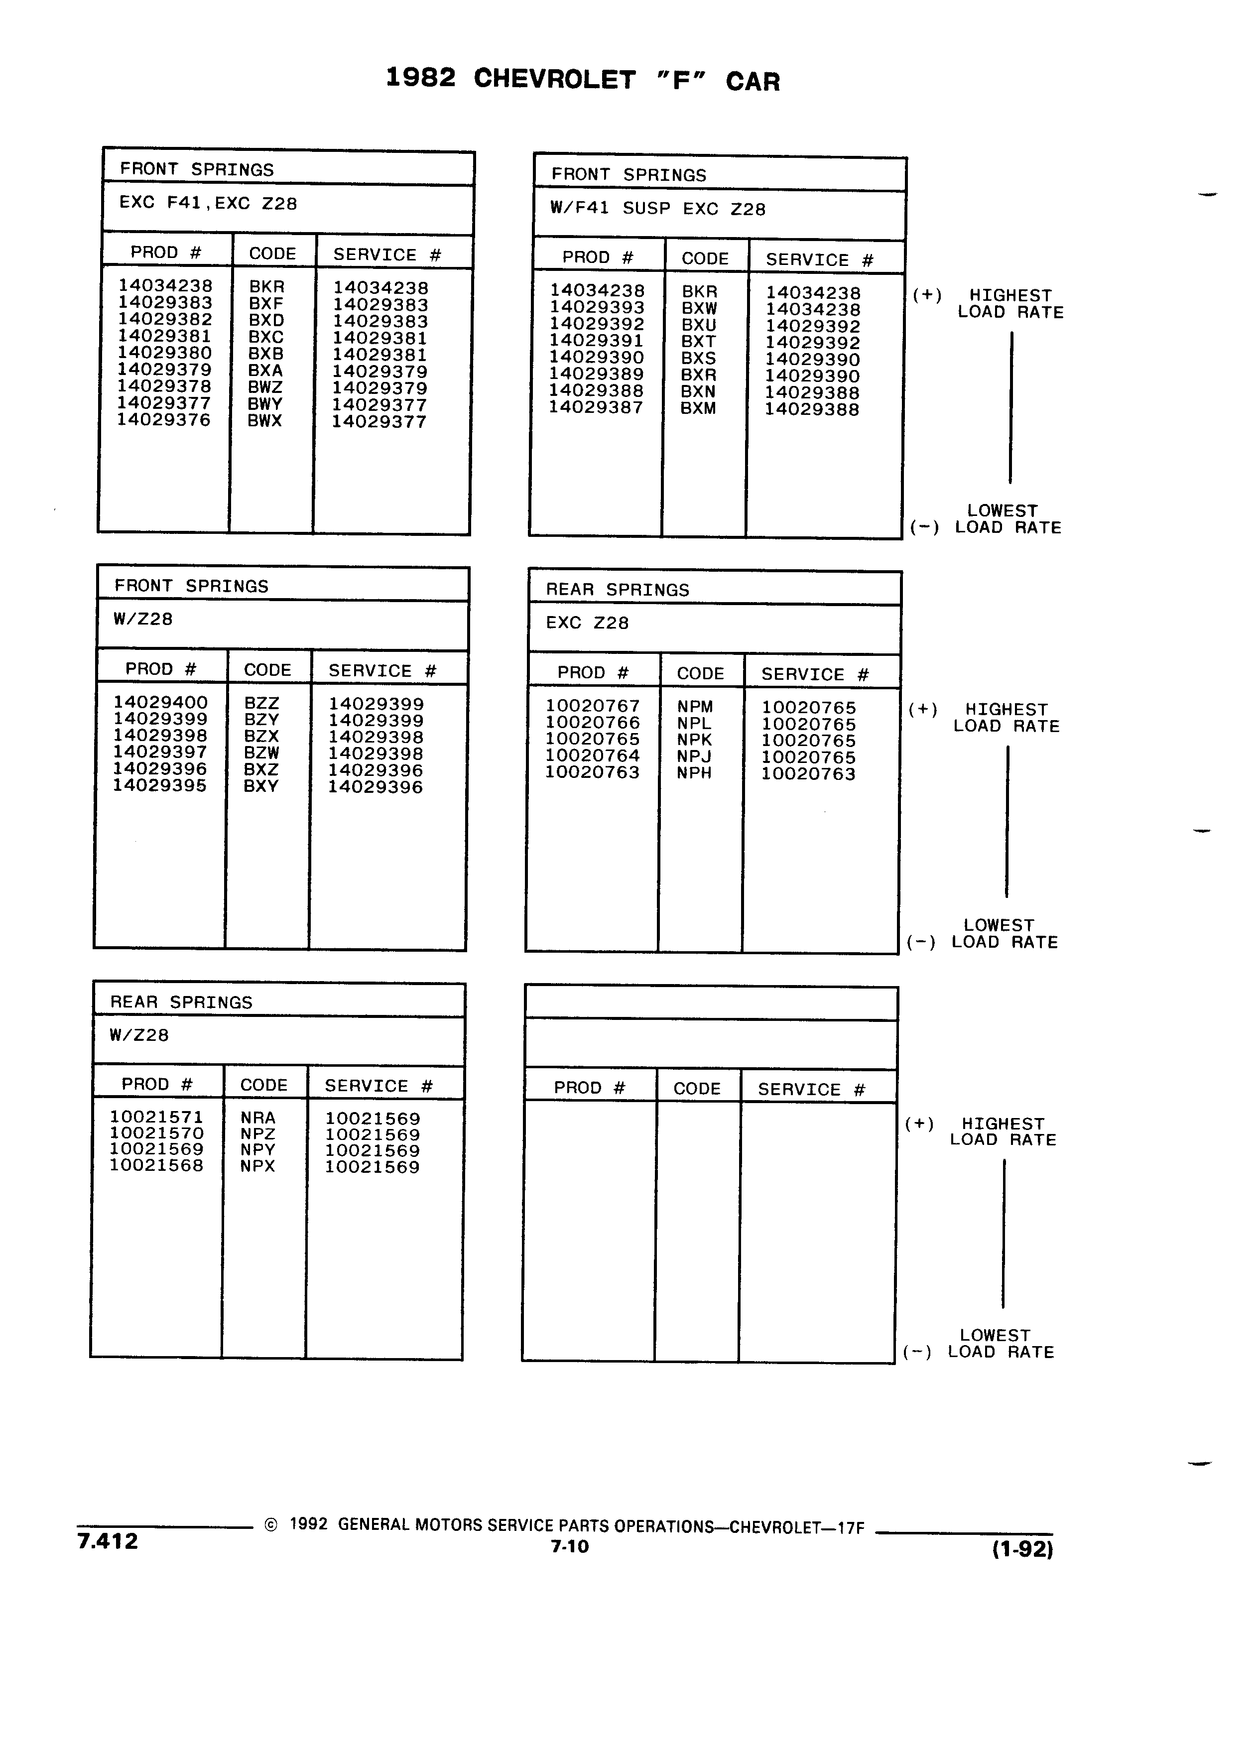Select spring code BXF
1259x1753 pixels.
(x=266, y=304)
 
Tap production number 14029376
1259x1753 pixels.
(x=164, y=420)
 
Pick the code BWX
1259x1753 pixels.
(x=264, y=421)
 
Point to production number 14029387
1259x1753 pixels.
(x=596, y=407)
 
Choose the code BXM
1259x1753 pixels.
(x=698, y=408)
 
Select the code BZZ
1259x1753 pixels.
(x=261, y=703)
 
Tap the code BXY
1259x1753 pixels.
(x=260, y=786)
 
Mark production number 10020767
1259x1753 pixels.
(x=593, y=706)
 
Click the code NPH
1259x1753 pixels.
(x=694, y=773)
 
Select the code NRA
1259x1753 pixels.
(x=258, y=1118)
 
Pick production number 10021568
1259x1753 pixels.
(x=156, y=1165)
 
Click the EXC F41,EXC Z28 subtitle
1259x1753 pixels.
(x=208, y=203)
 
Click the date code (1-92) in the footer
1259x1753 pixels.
(x=1022, y=1549)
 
